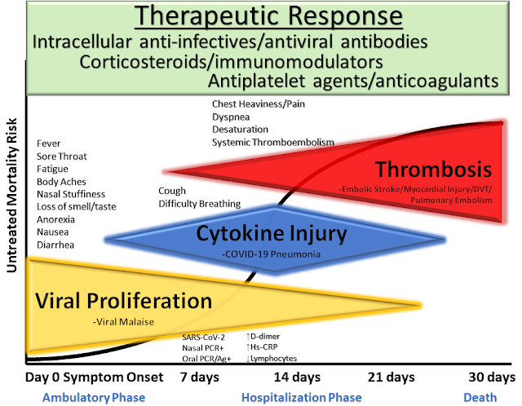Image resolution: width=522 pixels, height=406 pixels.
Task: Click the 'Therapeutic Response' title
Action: tap(268, 15)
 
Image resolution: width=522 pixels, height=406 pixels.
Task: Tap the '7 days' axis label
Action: tap(200, 377)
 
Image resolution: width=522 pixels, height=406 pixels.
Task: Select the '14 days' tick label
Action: tap(297, 377)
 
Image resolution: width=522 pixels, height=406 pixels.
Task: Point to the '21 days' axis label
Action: tap(391, 377)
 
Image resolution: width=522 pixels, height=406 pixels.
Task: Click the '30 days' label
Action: tap(492, 377)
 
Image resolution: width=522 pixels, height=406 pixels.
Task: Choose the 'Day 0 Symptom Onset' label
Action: tap(95, 377)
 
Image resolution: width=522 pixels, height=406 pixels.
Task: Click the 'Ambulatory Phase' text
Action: tap(94, 398)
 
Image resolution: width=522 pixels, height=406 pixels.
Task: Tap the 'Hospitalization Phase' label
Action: tap(301, 398)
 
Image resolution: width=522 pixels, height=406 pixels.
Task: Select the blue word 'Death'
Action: tap(480, 398)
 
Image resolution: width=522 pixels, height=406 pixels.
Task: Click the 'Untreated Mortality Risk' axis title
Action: tap(11, 196)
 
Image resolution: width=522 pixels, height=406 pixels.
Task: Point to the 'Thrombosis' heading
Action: tap(433, 169)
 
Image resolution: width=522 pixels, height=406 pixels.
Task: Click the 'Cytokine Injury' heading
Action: tap(272, 233)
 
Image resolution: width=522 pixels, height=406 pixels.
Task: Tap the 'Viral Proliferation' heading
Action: tap(123, 301)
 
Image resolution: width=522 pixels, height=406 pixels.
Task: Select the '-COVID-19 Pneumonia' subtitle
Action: tap(272, 254)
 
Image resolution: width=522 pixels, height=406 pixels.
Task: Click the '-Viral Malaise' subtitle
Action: tap(123, 322)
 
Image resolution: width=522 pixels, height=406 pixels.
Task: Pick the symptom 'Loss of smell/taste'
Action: tap(76, 206)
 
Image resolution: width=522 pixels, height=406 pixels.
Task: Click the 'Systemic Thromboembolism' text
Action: tap(273, 143)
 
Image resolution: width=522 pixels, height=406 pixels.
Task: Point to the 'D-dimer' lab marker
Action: tap(263, 337)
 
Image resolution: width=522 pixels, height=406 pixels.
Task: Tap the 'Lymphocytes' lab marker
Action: tap(272, 359)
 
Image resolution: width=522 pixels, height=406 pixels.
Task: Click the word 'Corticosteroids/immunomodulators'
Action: tap(231, 62)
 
